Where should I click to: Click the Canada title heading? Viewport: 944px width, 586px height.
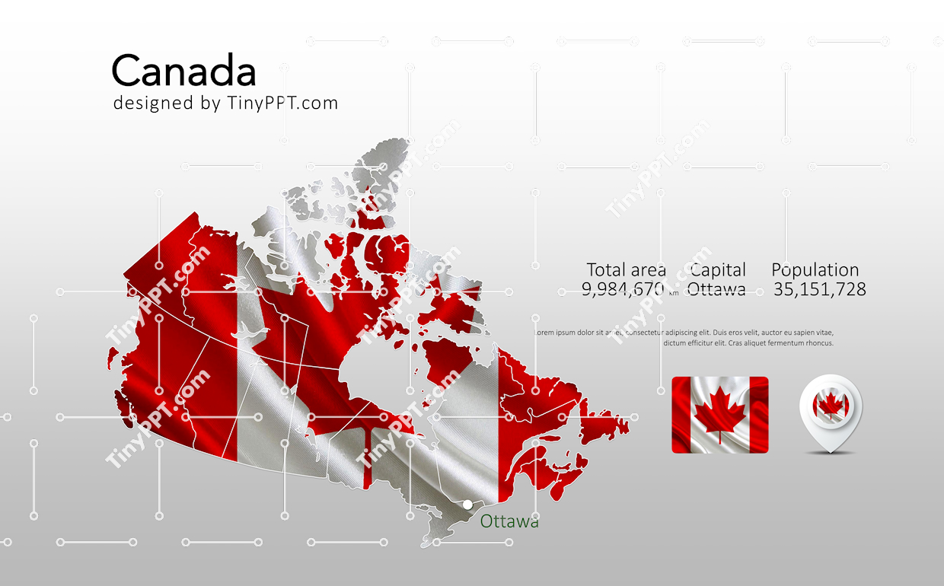pos(183,72)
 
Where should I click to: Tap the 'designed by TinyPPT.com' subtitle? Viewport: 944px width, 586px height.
pos(225,104)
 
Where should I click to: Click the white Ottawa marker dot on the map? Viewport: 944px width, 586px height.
pos(467,505)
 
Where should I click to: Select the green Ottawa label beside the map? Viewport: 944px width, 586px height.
pos(509,521)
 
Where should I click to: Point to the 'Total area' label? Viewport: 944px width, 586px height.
pos(626,270)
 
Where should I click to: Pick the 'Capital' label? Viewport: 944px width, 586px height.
pos(718,270)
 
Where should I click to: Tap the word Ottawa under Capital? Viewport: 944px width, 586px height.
pos(716,289)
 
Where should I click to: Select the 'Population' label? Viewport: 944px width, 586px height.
pos(815,270)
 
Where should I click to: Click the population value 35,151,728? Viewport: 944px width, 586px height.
pos(819,289)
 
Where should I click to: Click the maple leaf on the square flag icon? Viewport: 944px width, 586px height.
pos(718,412)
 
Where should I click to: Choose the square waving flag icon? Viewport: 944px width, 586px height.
pos(719,415)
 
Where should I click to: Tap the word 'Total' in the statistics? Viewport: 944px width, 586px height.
pos(606,270)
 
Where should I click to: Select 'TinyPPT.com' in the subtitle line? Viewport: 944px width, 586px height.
pos(282,104)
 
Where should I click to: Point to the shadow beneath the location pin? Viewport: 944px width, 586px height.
pos(831,453)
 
